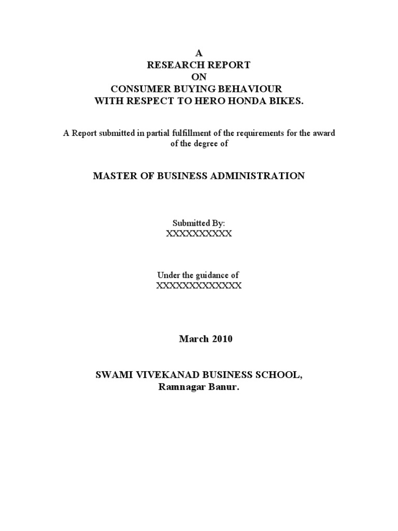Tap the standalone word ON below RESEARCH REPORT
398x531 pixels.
[199, 76]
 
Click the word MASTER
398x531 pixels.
[112, 176]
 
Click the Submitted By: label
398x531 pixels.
[199, 223]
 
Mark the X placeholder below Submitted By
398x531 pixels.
[199, 234]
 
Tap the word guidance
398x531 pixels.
[211, 275]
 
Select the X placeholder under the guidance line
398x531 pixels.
[199, 286]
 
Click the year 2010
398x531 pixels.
[221, 339]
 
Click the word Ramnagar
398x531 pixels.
[179, 386]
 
